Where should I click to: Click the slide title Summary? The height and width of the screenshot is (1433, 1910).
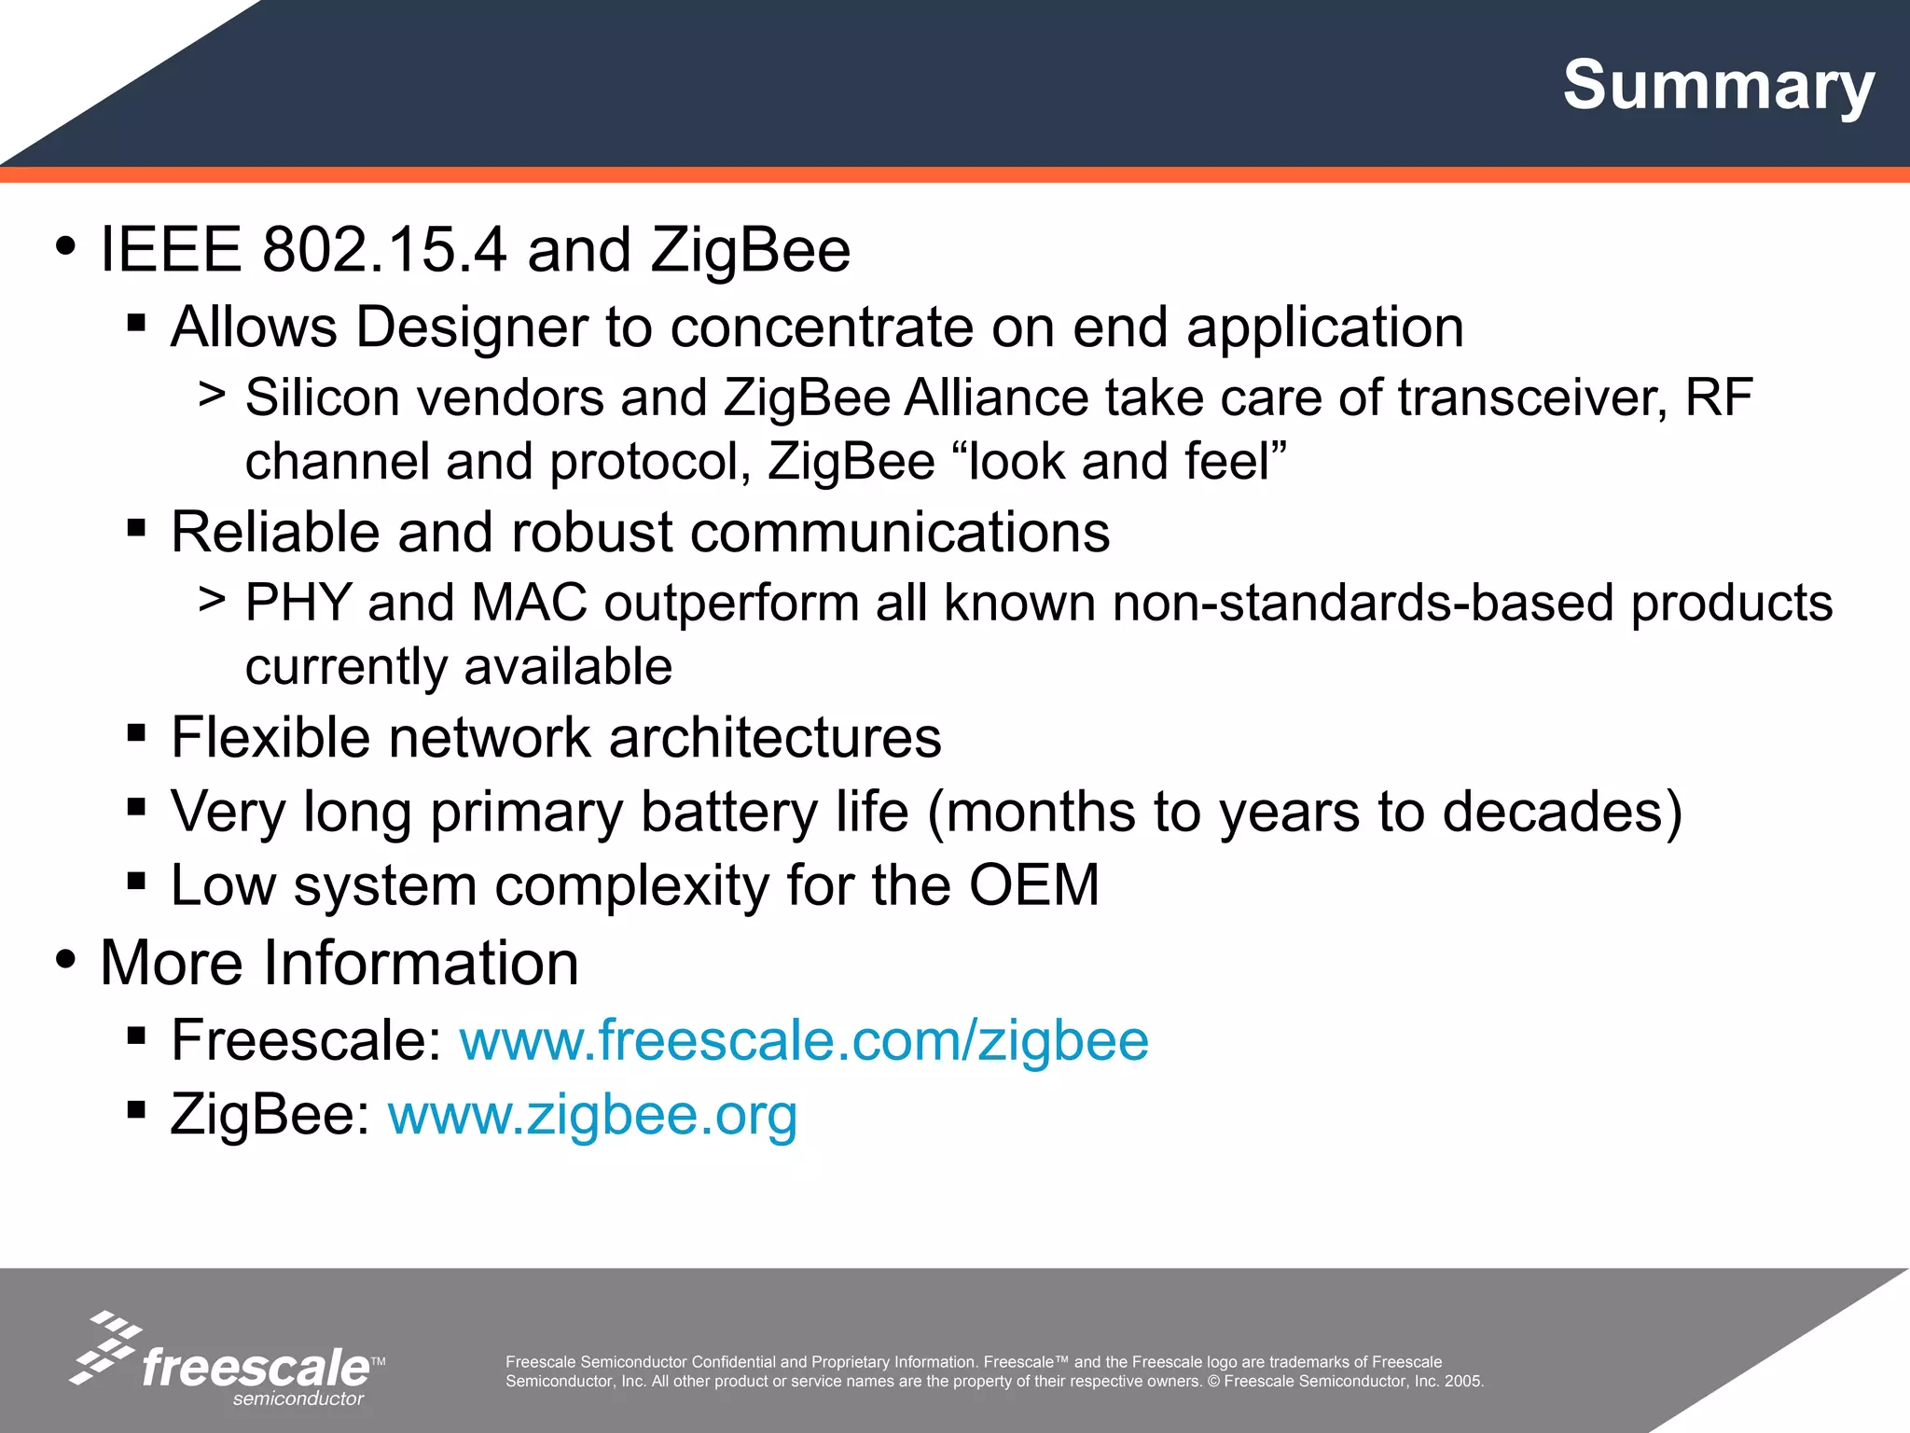point(1718,86)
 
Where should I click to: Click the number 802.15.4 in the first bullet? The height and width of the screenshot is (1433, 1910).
point(384,250)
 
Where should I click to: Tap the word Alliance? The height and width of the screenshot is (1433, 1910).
point(996,397)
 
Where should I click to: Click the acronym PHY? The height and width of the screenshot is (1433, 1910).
point(298,603)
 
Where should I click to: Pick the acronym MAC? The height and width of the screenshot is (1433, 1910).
point(529,603)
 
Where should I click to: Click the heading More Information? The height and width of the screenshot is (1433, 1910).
point(339,963)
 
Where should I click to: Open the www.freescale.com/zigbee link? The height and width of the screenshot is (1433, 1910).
point(804,1040)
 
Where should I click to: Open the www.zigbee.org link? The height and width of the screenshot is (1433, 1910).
point(592,1114)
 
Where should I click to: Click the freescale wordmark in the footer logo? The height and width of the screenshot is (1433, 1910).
point(256,1368)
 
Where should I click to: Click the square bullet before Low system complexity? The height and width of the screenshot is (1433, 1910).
point(136,881)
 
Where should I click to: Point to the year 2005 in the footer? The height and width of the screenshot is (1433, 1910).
point(1463,1382)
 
